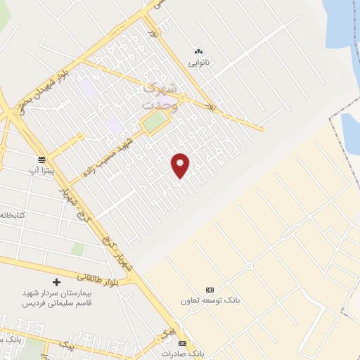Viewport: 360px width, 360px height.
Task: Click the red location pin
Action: point(181,165)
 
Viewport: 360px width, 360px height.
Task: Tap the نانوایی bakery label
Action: point(198,62)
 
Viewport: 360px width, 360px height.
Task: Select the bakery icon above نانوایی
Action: point(198,51)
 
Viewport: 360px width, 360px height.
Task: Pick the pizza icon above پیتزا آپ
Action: point(41,160)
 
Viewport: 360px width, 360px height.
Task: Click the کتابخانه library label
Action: point(13,214)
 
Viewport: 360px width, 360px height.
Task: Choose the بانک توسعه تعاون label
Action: point(210,300)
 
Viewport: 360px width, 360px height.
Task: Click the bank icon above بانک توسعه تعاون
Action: point(210,290)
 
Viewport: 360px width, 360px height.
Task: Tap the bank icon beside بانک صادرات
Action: point(183,343)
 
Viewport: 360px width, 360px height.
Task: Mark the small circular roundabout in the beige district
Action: point(249,266)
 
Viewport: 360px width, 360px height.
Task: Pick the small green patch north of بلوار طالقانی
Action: point(78,249)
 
